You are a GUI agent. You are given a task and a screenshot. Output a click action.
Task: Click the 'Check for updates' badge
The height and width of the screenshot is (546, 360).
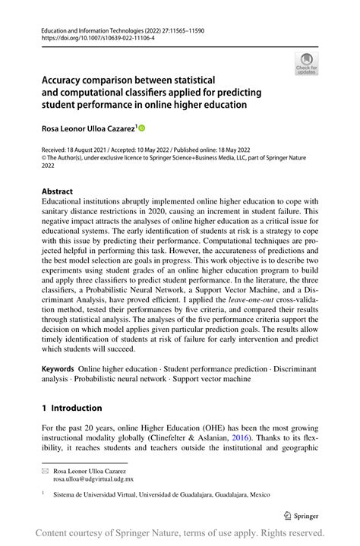306,64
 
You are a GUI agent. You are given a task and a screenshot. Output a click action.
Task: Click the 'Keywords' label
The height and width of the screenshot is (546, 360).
58,368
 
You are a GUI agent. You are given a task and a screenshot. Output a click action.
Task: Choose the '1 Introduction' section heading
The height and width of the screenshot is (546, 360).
76,408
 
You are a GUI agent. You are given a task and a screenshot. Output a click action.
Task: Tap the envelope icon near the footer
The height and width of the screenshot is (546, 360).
44,472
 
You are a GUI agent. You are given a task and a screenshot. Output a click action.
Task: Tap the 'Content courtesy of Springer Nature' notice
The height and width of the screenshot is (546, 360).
114,533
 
